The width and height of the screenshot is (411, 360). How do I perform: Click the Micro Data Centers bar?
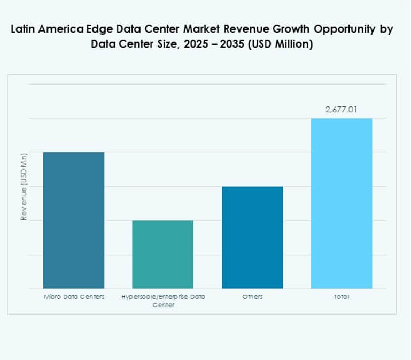coord(74,220)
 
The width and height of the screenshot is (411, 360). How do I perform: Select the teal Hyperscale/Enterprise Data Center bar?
coord(163,255)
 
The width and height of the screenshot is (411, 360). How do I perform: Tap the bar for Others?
coord(252,238)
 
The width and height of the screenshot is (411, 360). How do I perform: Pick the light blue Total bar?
coord(342,203)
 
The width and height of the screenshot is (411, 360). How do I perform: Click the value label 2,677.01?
coord(342,110)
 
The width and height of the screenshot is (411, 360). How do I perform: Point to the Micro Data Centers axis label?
coord(74,296)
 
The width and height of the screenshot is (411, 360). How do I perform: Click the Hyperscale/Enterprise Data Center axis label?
coord(163,301)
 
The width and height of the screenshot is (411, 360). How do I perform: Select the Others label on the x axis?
coord(252,296)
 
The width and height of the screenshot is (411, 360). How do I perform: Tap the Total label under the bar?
coord(342,296)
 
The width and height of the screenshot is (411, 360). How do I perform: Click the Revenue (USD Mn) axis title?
coord(24,187)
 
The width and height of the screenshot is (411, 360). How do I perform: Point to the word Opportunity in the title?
coord(340,30)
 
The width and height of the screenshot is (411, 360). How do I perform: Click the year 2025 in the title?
coord(193,44)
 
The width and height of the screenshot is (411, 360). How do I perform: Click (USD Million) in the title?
coord(281,44)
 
